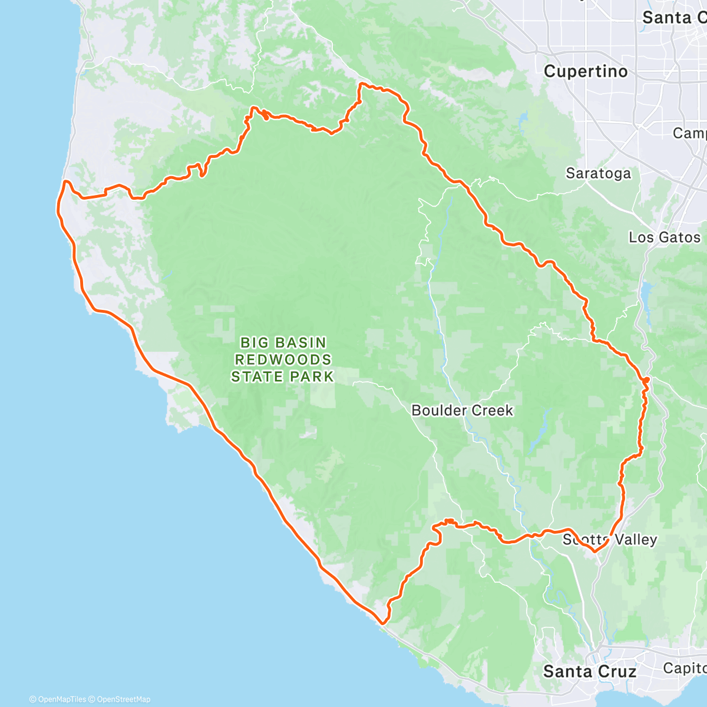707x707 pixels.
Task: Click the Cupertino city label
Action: point(585,72)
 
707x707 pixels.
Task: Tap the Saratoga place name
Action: point(598,173)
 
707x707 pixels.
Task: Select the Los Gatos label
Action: point(665,237)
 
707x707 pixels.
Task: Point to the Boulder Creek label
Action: point(462,411)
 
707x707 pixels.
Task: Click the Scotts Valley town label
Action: point(610,540)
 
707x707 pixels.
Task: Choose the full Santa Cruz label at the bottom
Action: point(589,672)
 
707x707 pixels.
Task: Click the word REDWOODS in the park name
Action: point(283,359)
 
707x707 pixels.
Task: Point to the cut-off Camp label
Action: point(689,134)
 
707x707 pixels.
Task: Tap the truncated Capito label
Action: point(685,668)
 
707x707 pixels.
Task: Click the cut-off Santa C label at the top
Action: point(673,18)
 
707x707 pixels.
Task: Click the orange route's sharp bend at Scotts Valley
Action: point(596,551)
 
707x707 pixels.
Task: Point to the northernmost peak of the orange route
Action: point(361,85)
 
